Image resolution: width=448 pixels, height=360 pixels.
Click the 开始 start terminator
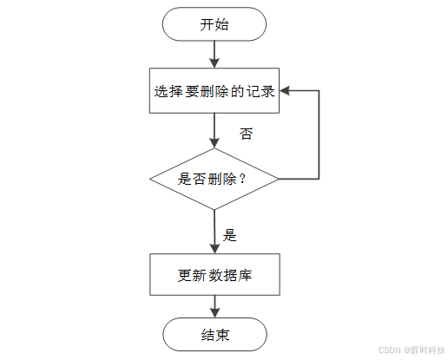tap(214, 24)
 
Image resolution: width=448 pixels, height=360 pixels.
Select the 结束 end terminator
tap(214, 335)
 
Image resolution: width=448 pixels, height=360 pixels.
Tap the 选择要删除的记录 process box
tap(214, 91)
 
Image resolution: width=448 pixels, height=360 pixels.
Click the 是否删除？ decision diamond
tap(214, 179)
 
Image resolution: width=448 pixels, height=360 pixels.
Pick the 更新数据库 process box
tap(214, 275)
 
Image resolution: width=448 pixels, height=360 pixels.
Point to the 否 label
tap(247, 134)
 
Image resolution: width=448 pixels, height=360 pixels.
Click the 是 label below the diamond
tap(230, 234)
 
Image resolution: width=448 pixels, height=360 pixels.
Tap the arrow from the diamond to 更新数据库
tap(214, 231)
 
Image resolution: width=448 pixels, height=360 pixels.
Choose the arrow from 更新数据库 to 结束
tap(214, 306)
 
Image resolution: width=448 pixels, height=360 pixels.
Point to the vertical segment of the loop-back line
tap(320, 134)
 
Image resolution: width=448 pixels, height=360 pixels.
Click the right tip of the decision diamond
tap(278, 179)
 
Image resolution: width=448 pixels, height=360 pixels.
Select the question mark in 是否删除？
tap(242, 179)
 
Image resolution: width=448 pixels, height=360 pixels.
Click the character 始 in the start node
tap(221, 24)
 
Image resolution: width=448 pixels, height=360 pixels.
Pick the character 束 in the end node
tap(222, 335)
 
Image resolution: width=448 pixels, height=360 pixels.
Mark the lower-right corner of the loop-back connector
tap(320, 179)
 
